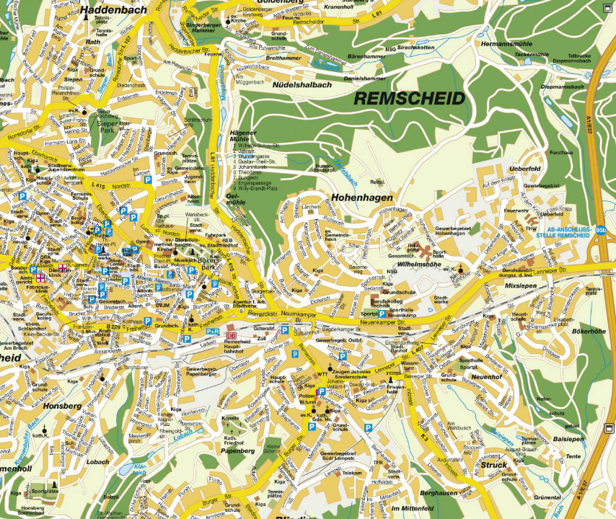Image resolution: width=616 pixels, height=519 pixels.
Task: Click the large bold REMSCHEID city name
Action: pyautogui.click(x=408, y=99)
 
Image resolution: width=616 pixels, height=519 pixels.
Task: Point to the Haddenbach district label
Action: pyautogui.click(x=114, y=9)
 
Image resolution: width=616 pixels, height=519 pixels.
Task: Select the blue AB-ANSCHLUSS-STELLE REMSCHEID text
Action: pyautogui.click(x=572, y=233)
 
